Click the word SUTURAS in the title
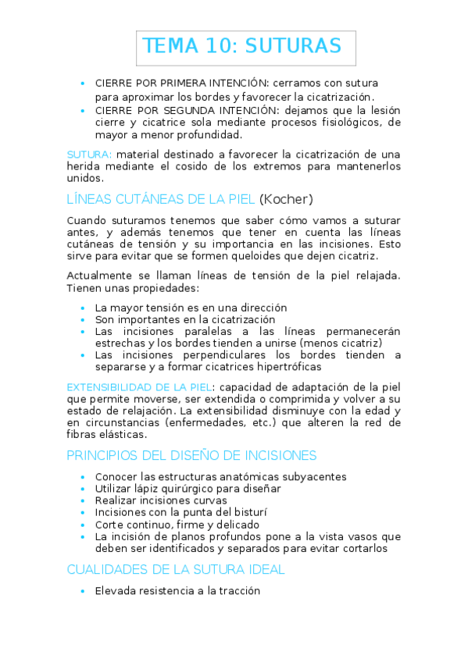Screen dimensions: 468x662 pos(293,46)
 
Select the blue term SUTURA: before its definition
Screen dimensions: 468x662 pos(89,153)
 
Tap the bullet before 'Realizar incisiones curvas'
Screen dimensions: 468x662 pos(83,500)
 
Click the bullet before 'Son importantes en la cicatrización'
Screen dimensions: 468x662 pos(83,319)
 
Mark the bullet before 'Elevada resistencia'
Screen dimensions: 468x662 pos(83,591)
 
